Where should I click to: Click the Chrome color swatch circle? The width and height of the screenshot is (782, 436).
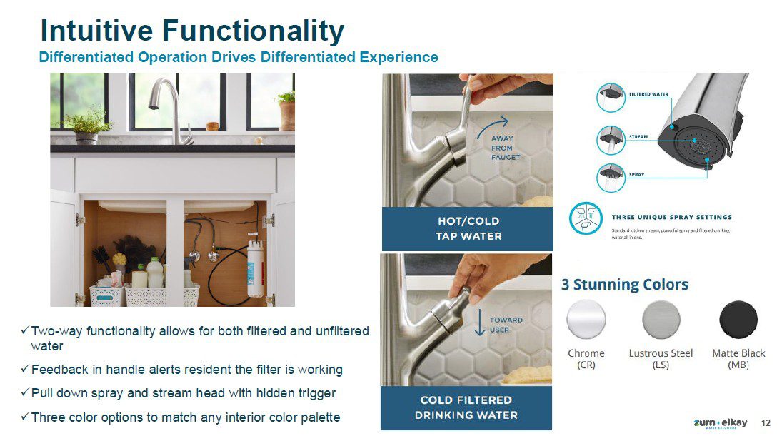586,320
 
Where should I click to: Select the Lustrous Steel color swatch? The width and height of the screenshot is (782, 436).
661,320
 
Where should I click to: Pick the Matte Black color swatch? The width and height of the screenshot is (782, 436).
738,320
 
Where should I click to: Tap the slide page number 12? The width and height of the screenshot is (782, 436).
766,423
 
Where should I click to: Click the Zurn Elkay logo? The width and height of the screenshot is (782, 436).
721,423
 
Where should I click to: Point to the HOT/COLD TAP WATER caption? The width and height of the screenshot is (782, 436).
468,229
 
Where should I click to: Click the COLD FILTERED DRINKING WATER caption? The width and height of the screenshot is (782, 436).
466,407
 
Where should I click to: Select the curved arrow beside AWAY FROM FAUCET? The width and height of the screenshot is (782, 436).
492,127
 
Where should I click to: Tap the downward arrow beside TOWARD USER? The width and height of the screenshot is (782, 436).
480,323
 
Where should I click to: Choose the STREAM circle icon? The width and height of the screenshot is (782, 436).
611,139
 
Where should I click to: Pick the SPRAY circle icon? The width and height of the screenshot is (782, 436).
611,178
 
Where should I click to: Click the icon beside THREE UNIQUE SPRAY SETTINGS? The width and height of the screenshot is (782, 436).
586,218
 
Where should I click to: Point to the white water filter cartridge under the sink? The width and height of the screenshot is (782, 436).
256,268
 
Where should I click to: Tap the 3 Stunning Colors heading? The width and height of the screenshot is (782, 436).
625,285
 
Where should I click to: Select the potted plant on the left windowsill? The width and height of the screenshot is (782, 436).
86,126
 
